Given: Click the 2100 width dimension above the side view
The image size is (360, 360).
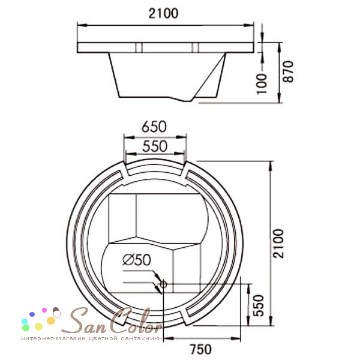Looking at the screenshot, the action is point(163,13).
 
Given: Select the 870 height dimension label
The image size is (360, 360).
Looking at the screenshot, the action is point(288,71).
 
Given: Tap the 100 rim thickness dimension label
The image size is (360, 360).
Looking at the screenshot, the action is point(262,84).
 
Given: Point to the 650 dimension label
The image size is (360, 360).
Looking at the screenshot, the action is point(154,127).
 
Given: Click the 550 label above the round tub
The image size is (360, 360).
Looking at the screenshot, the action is point(155,146).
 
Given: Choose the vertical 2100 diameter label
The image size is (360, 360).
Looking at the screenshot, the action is point(278,244).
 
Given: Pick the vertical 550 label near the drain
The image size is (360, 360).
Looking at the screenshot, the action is point(259,305).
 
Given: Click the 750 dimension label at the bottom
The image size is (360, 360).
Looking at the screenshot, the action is point(201,349).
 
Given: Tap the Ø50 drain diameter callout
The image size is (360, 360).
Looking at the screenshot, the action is point(137,260).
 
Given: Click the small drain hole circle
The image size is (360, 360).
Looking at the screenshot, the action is point(163,284).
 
